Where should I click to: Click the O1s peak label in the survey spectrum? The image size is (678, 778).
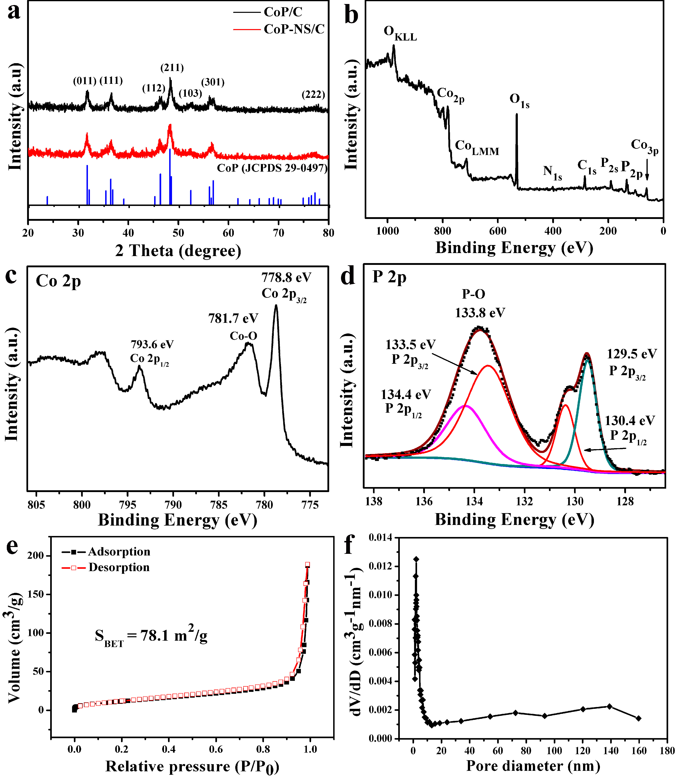click(x=519, y=100)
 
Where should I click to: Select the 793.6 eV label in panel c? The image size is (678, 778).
click(x=152, y=344)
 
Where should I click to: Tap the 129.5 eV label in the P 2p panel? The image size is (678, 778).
click(x=632, y=354)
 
